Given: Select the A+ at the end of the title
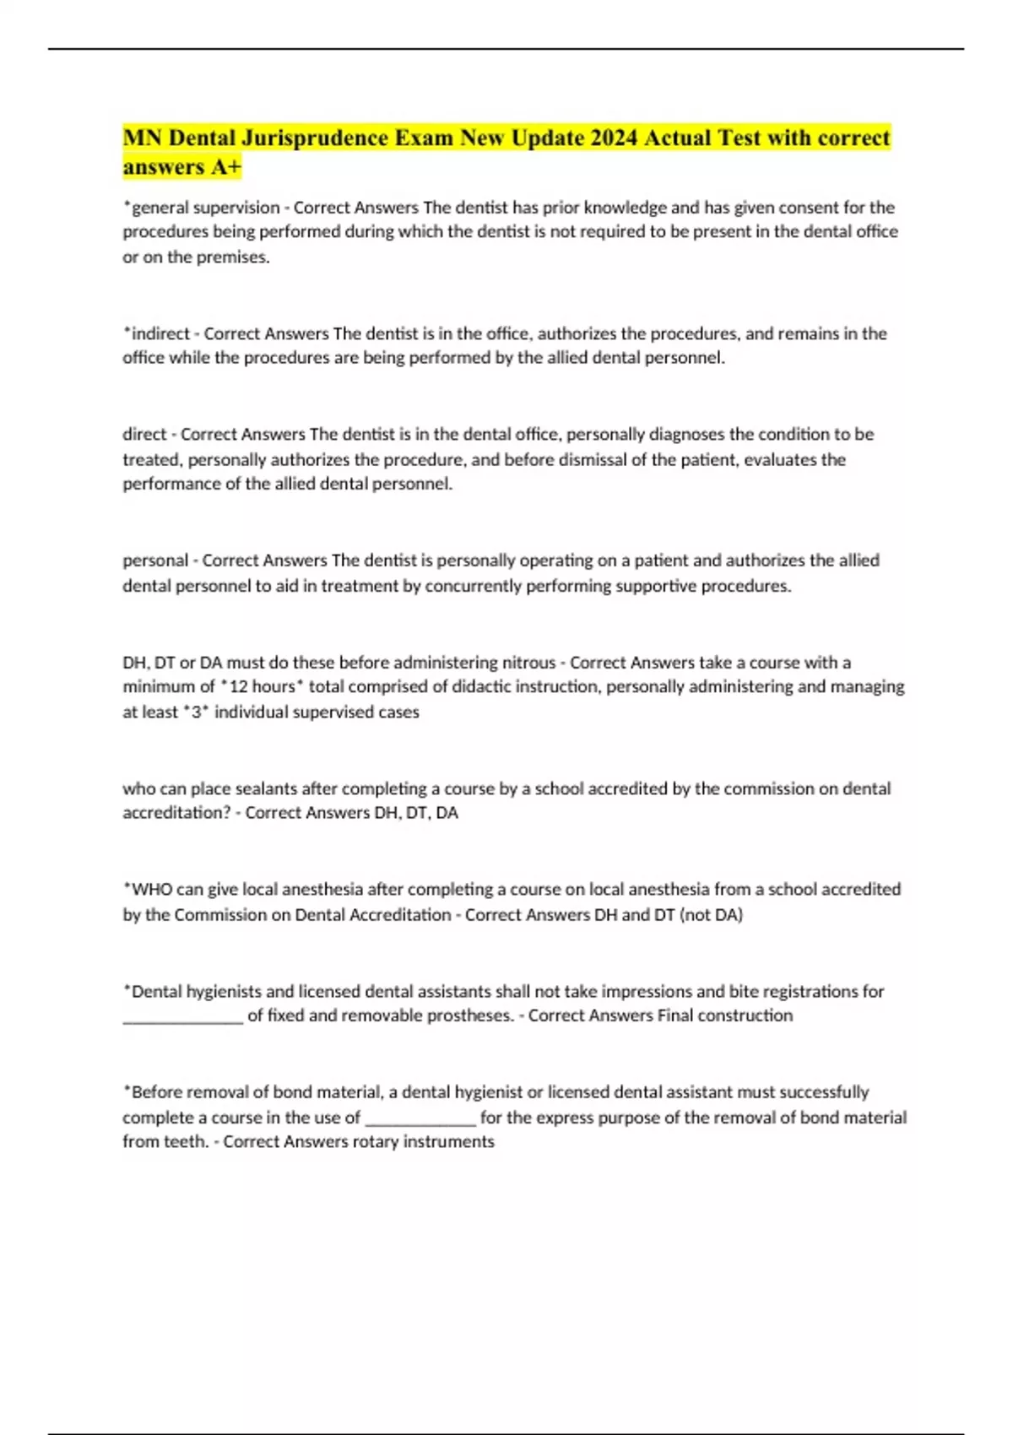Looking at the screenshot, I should click(226, 167).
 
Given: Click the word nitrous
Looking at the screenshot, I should click(528, 663).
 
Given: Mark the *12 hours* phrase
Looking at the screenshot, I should click(262, 687).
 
